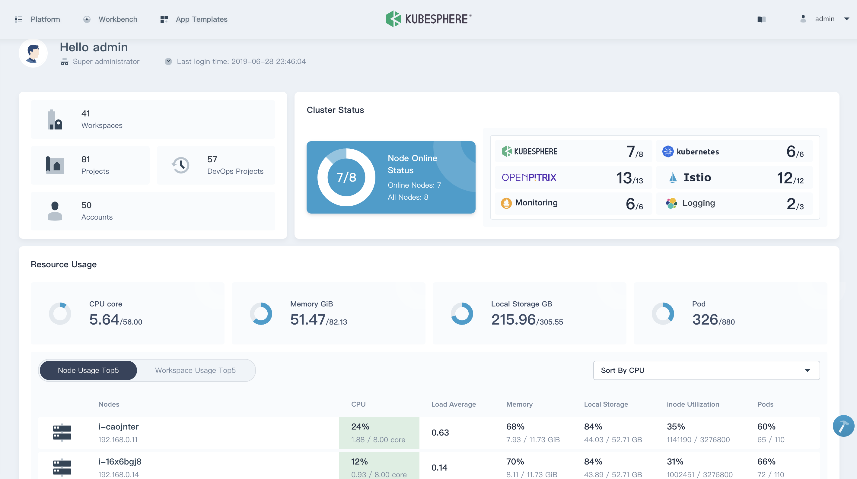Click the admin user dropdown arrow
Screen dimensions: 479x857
coord(847,19)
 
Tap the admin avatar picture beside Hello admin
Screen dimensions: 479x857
coord(33,53)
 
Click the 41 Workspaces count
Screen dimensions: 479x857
coord(86,113)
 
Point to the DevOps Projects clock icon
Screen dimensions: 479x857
coord(181,165)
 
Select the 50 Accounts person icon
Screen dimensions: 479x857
coord(55,211)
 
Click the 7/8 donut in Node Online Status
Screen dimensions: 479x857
coord(346,177)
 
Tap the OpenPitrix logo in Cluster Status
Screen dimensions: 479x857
coord(529,177)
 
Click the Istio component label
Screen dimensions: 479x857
coord(697,177)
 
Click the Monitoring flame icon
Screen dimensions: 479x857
coord(506,203)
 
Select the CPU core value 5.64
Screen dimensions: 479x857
coord(104,320)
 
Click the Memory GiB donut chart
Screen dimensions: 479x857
coord(261,313)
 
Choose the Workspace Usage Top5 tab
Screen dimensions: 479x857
coord(195,370)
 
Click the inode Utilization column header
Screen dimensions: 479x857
coord(693,404)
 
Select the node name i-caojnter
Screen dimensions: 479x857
coord(118,427)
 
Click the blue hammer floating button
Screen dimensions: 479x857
coord(843,426)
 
